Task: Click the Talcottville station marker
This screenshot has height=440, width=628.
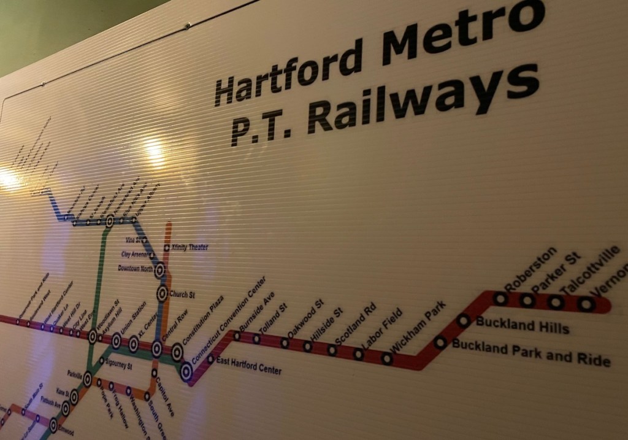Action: point(556,302)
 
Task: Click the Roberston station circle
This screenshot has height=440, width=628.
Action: point(500,299)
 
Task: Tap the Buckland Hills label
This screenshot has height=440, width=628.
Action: point(523,325)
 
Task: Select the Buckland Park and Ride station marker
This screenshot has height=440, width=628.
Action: point(440,343)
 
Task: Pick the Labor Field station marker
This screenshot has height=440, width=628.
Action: point(387,358)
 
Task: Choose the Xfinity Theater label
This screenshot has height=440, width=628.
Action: point(190,247)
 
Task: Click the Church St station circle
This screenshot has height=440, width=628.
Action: point(162,294)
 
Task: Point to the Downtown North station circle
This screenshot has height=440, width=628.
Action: point(159,269)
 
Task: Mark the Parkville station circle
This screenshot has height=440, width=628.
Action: point(88,379)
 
